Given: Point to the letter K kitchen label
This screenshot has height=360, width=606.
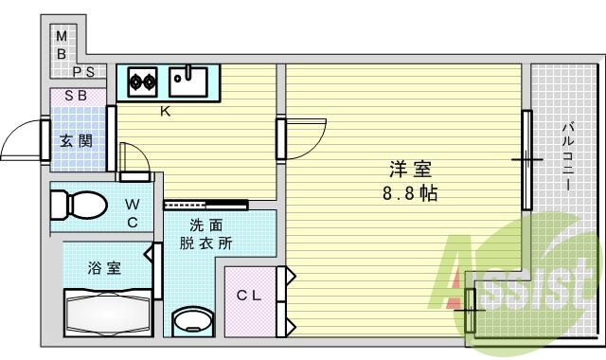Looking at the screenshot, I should coord(165,112).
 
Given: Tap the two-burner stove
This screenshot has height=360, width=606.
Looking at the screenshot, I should coord(142,81).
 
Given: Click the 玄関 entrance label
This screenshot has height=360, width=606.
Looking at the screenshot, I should coord(76,142).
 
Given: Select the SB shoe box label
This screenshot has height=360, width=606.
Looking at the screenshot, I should coord(76,96).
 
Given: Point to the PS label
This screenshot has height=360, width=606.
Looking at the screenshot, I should coord(84,72).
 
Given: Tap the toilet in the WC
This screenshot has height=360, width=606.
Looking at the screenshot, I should coord(80,204).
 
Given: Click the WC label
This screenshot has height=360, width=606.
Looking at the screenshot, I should coord(134,213).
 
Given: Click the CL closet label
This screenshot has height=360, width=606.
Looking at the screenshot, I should coord(248,295).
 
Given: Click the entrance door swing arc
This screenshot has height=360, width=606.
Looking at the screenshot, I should coord(21,142).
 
